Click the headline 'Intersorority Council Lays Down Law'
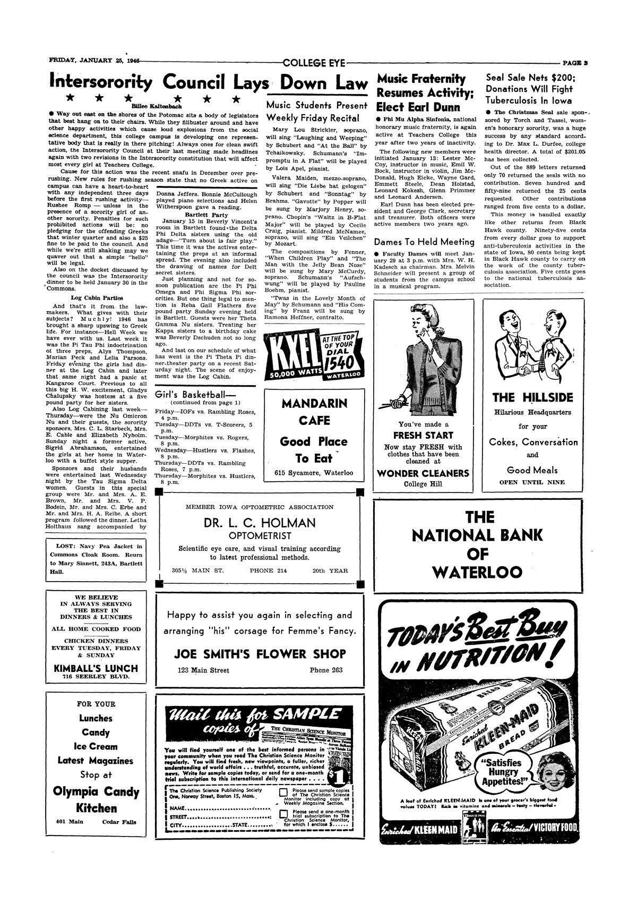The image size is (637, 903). click(208, 83)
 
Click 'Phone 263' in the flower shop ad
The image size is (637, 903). click(326, 670)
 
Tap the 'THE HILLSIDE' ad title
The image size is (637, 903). click(532, 397)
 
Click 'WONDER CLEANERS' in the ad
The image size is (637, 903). click(423, 473)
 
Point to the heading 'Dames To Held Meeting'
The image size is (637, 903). click(424, 242)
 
